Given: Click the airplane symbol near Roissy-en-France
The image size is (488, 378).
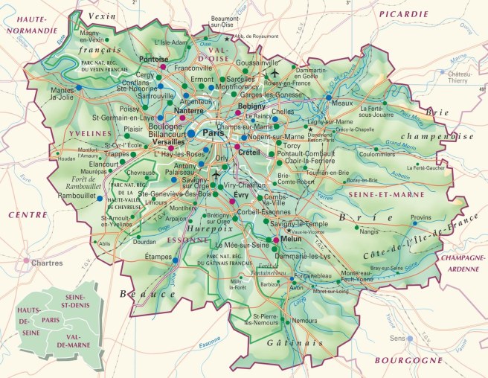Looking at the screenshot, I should (x=274, y=74).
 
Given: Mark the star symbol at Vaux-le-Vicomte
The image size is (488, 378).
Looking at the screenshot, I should (x=288, y=231).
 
